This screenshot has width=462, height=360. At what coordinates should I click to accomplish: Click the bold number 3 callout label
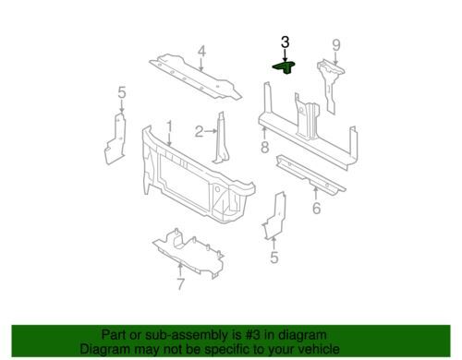[x=285, y=42]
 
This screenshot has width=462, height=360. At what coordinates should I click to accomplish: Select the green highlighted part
[x=285, y=67]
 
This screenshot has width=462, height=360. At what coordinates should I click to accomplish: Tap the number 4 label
[x=201, y=52]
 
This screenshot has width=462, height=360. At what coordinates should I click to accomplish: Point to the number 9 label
[x=336, y=45]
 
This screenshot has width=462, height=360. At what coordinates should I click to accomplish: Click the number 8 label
[x=264, y=147]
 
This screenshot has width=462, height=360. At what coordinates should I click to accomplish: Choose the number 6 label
[x=316, y=208]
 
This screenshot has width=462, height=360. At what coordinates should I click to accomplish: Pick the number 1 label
[x=169, y=126]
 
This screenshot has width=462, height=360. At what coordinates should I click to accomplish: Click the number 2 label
[x=199, y=132]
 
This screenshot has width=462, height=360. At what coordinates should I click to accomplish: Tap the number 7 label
[x=180, y=284]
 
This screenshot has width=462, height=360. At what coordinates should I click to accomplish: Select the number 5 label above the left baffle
[x=122, y=92]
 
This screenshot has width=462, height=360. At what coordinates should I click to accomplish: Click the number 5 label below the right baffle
[x=274, y=258]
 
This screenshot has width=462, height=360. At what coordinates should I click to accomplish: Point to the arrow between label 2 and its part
[x=211, y=131]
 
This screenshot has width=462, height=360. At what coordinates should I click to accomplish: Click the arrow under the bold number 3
[x=286, y=55]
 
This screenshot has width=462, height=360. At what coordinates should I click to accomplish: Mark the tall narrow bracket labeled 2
[x=221, y=138]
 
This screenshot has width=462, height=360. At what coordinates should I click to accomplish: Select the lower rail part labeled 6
[x=310, y=174]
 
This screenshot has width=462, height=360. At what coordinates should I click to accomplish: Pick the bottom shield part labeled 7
[x=188, y=253]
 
